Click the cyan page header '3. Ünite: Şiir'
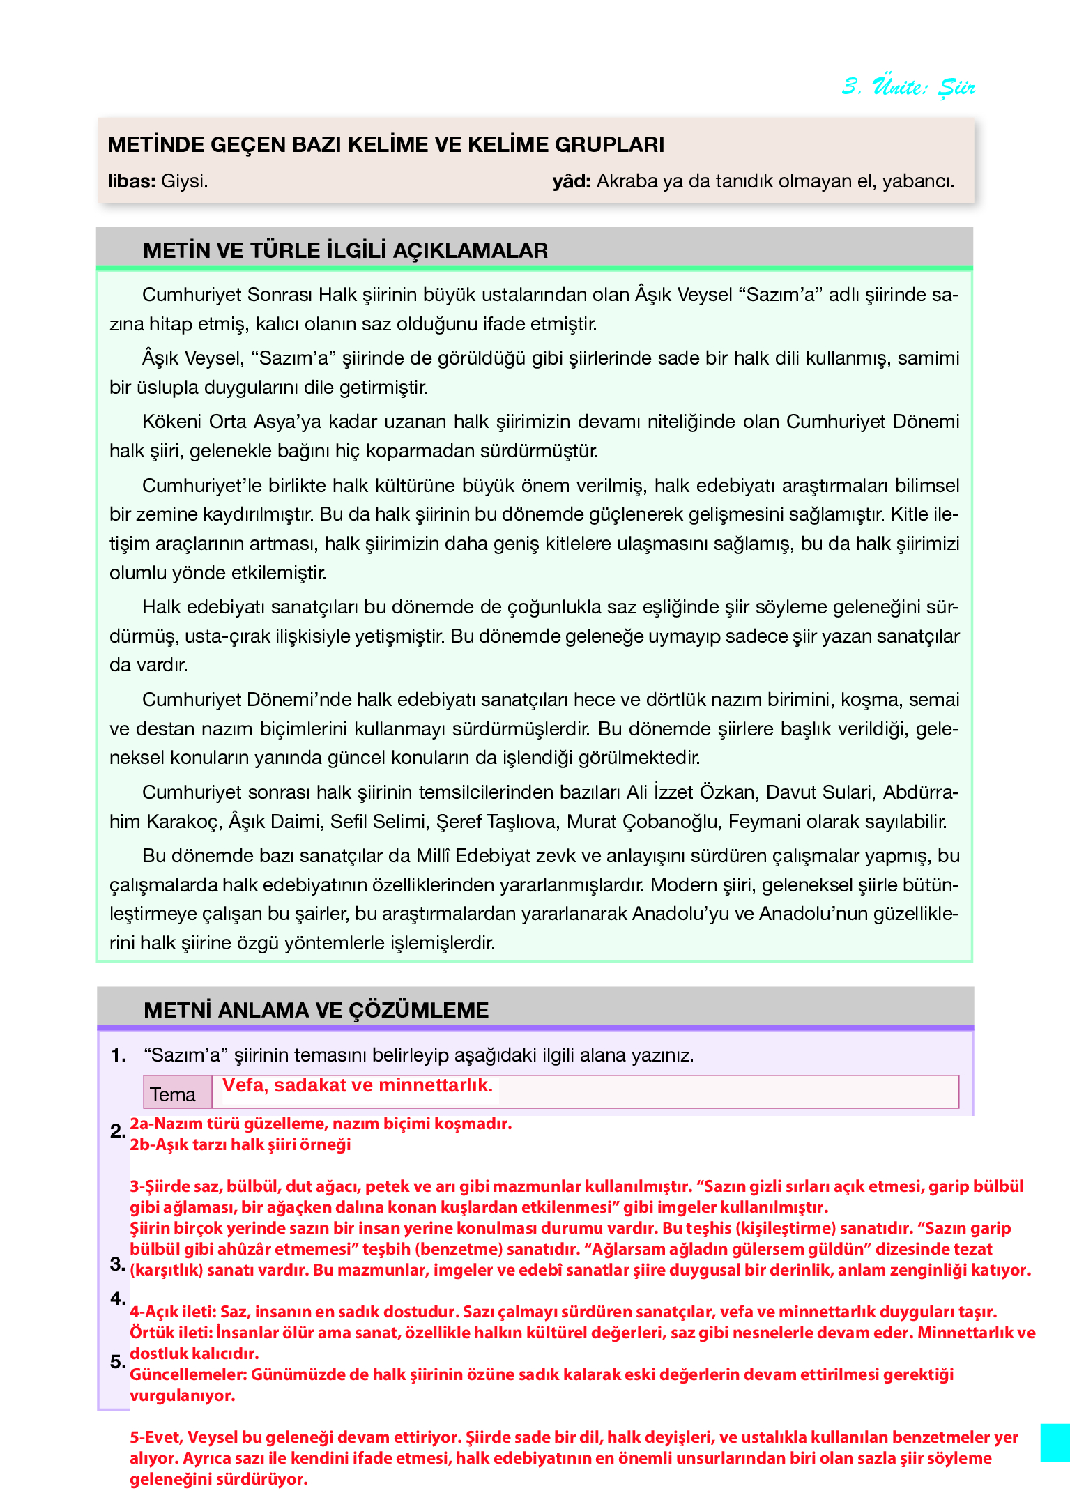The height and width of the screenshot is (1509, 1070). point(908,87)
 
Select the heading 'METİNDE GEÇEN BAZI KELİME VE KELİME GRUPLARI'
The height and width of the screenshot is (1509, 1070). point(385,144)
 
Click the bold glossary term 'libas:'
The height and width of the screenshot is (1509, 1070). point(131,181)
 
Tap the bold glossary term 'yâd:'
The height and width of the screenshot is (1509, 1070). point(571,181)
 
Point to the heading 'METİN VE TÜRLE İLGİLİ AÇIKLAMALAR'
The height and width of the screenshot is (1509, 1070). point(345,250)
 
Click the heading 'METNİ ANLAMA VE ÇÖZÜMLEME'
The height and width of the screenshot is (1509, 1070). point(316,1010)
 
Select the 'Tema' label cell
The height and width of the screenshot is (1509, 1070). point(173,1094)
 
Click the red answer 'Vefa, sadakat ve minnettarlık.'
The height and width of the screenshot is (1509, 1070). point(358,1085)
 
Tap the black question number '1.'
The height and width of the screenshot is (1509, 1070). point(119,1055)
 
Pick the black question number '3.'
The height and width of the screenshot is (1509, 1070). point(118,1264)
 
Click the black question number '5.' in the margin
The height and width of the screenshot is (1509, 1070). point(118,1361)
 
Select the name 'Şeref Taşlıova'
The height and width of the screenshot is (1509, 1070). point(496,822)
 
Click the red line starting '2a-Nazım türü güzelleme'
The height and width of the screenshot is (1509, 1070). point(321,1124)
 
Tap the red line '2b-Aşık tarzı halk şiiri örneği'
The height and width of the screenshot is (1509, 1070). point(240,1144)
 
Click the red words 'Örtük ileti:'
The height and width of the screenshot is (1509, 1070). point(171,1333)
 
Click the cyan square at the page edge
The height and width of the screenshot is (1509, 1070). point(1055,1443)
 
